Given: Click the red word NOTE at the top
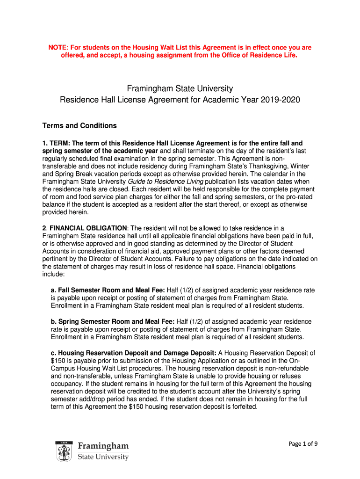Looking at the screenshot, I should coord(59,48).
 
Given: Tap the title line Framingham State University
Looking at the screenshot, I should coord(180,88).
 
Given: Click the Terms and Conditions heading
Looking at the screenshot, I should coord(79,125).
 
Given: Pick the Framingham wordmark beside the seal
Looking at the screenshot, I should coord(103,446).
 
